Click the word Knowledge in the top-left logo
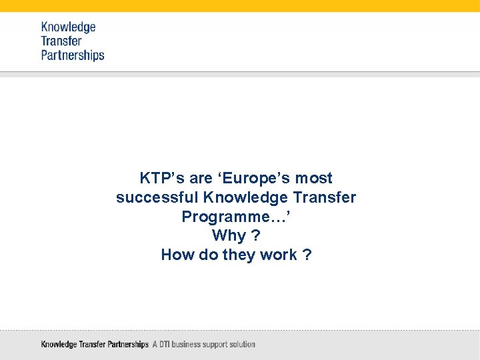point(68,27)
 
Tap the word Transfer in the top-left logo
point(61,41)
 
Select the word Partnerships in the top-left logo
point(73,55)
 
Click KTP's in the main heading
point(163,179)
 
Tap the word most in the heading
point(313,179)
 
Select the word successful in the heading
point(157,198)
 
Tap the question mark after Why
point(256,236)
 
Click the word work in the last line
point(279,255)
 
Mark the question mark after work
point(307,255)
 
